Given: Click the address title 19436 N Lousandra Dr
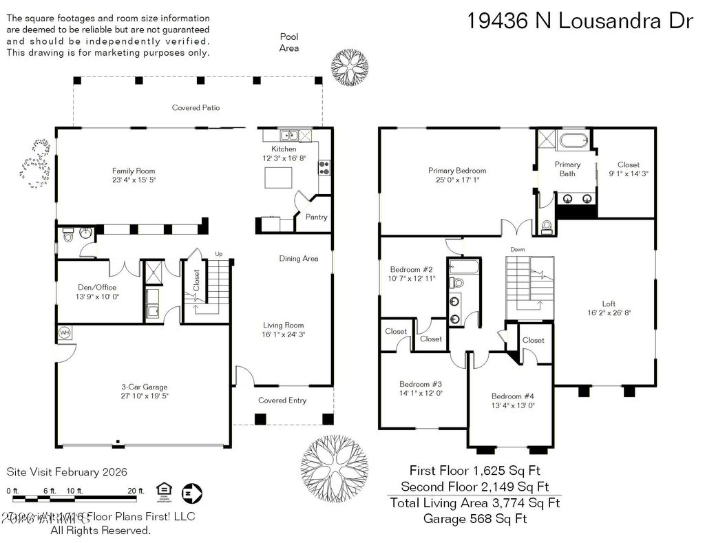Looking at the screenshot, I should pyautogui.click(x=579, y=21).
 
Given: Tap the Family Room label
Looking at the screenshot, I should pyautogui.click(x=134, y=171).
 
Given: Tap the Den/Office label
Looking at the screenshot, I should pyautogui.click(x=95, y=287).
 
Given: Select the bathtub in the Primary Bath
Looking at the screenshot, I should pyautogui.click(x=573, y=142).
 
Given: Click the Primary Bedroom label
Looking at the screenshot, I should pyautogui.click(x=456, y=171).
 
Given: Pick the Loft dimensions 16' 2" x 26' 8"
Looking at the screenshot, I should pyautogui.click(x=608, y=312).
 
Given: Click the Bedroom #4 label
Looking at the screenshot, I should pyautogui.click(x=512, y=396).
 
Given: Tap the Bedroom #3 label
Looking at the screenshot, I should pyautogui.click(x=421, y=384).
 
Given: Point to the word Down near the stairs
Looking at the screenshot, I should pyautogui.click(x=518, y=249).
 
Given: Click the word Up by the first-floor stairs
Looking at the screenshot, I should pyautogui.click(x=219, y=253).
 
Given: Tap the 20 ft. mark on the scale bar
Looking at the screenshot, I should pyautogui.click(x=136, y=491).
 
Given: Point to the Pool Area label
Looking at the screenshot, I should pyautogui.click(x=288, y=42).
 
